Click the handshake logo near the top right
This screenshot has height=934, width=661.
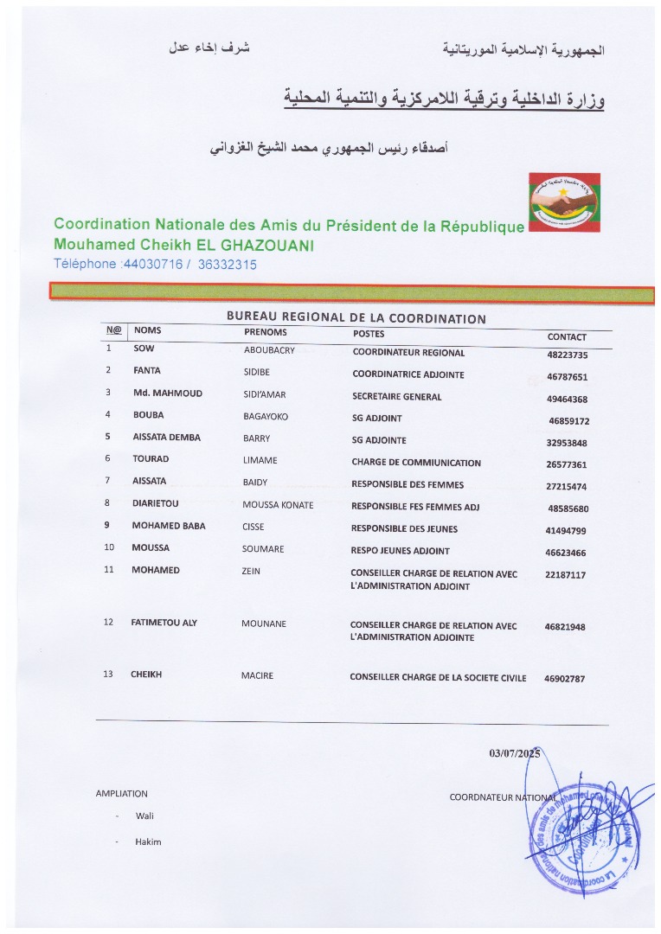(564, 202)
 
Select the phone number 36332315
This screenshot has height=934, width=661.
(228, 265)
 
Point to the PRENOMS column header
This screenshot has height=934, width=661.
(266, 332)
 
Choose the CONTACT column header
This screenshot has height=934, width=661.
(567, 337)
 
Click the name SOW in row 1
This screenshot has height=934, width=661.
(144, 349)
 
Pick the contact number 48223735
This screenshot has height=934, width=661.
(568, 355)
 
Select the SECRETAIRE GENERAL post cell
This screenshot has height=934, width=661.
(396, 397)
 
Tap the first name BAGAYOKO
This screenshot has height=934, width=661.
(266, 416)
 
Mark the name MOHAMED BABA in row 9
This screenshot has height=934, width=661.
(169, 526)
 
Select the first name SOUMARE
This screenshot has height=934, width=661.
(264, 548)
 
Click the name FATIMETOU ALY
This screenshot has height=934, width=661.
(164, 623)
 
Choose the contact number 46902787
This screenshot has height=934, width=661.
(564, 679)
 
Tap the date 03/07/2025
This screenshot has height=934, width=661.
(514, 753)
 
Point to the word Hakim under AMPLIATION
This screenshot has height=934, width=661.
(148, 841)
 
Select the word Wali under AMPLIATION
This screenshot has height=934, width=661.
(144, 816)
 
